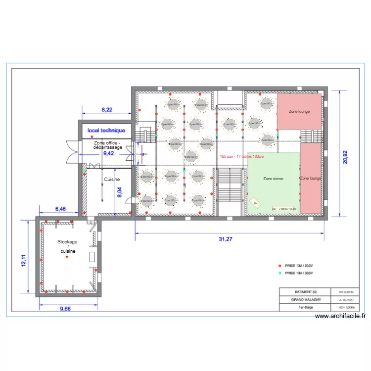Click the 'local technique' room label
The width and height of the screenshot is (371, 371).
point(106,131)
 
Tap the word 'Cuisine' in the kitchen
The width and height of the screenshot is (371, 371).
point(112,180)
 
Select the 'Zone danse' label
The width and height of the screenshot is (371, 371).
point(273,179)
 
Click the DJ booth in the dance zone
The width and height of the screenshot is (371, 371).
point(256,203)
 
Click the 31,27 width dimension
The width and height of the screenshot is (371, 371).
point(225,239)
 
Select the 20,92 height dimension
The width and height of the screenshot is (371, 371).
point(346,153)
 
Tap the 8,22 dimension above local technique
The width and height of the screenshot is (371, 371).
point(107,109)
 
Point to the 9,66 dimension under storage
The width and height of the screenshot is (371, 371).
point(65,309)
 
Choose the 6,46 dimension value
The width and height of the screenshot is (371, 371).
point(59,209)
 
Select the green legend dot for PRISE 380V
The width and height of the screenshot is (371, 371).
point(279,273)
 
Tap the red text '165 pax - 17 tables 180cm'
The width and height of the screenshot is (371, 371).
point(242,157)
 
